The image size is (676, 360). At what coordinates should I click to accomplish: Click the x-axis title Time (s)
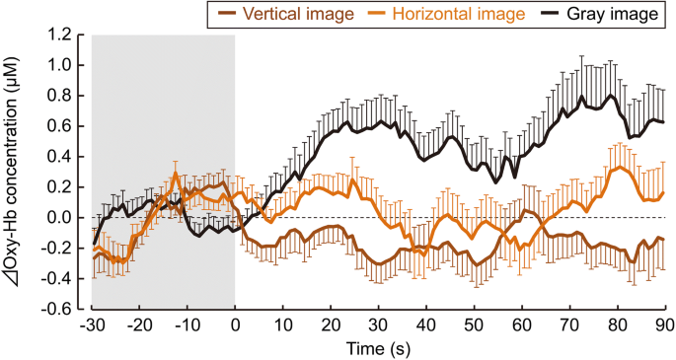click(x=377, y=347)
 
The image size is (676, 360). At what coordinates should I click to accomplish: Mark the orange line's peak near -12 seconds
click(x=176, y=174)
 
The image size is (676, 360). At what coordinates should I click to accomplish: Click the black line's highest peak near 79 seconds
click(x=612, y=96)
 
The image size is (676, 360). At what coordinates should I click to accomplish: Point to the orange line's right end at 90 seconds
click(x=664, y=192)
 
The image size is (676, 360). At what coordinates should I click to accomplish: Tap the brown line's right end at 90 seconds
click(x=664, y=239)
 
